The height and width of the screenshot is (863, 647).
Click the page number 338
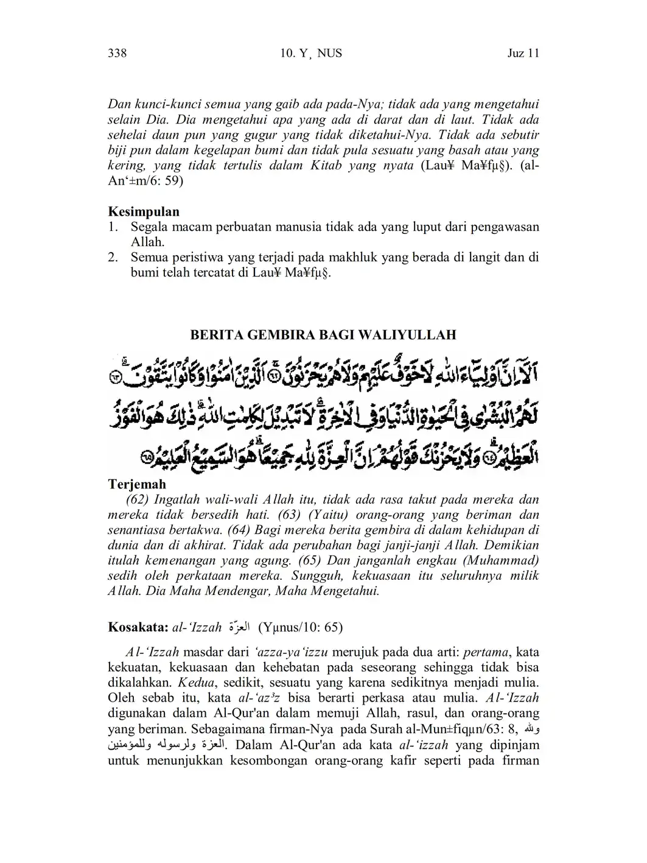pyautogui.click(x=117, y=54)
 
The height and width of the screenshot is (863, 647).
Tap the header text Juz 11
pyautogui.click(x=523, y=54)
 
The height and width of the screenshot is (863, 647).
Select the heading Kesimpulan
pyautogui.click(x=144, y=212)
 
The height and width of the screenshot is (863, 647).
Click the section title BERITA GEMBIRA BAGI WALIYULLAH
pyautogui.click(x=323, y=335)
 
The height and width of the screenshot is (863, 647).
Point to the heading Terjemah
pyautogui.click(x=137, y=485)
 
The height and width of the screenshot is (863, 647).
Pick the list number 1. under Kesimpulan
pyautogui.click(x=113, y=227)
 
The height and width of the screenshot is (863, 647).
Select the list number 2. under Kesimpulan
pyautogui.click(x=113, y=258)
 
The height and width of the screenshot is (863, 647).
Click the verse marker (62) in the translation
pyautogui.click(x=138, y=500)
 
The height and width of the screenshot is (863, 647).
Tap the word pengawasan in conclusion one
pyautogui.click(x=503, y=227)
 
